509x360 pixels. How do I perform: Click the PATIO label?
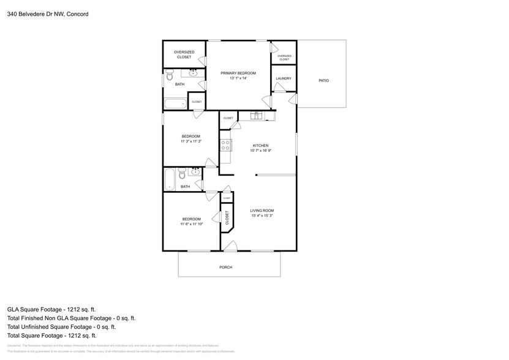pyautogui.click(x=323, y=81)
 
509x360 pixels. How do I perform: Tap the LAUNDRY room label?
pyautogui.click(x=283, y=78)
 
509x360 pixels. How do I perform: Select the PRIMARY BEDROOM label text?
pyautogui.click(x=238, y=73)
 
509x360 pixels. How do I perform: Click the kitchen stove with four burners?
pyautogui.click(x=225, y=146)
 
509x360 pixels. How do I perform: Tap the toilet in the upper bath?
pyautogui.click(x=170, y=77)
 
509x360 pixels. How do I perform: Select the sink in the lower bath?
pyautogui.click(x=195, y=172)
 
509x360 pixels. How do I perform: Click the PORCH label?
pyautogui.click(x=226, y=268)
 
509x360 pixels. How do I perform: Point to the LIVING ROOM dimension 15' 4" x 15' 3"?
pyautogui.click(x=262, y=216)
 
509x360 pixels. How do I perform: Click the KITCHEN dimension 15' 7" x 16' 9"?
pyautogui.click(x=261, y=151)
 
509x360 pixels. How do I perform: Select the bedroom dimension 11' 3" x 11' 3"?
pyautogui.click(x=190, y=141)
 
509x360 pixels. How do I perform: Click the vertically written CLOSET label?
pyautogui.click(x=227, y=217)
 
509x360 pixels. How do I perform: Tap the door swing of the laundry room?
pyautogui.click(x=279, y=88)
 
